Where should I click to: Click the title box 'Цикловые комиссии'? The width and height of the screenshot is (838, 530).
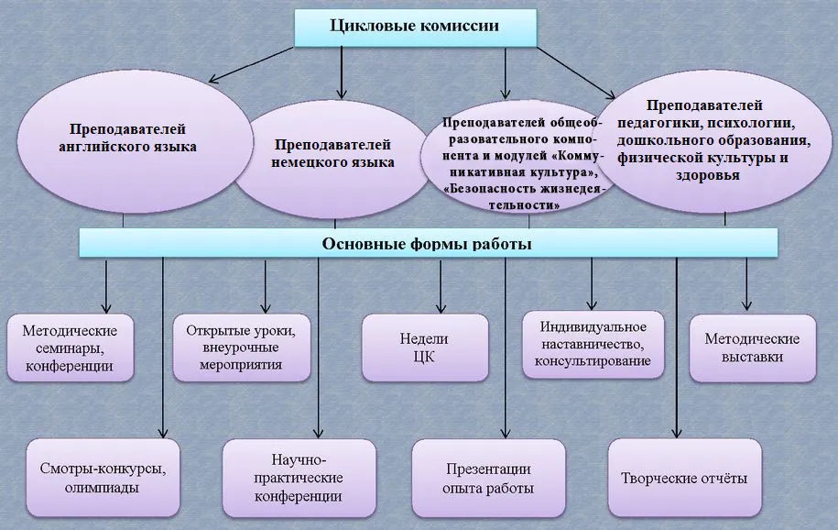415,28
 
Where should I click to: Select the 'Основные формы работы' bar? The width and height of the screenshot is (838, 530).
428,243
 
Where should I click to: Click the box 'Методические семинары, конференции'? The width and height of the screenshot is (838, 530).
70,348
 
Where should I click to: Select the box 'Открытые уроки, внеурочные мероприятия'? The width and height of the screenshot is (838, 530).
242,348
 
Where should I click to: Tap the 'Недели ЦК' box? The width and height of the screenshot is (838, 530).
425,348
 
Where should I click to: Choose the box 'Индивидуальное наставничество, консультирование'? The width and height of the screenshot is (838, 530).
593,344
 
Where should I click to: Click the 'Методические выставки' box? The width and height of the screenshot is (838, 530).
753,348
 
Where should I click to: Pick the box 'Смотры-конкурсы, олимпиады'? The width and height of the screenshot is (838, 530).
103,478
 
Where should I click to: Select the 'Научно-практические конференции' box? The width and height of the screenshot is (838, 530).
299,478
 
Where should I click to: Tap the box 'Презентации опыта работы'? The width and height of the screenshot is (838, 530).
488,478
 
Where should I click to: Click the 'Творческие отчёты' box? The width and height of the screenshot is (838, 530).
685,478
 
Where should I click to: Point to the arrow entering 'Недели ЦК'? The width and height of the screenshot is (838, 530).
441,286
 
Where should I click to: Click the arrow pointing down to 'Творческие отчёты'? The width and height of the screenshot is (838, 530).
677,348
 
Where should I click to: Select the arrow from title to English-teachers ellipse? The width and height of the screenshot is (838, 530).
251,65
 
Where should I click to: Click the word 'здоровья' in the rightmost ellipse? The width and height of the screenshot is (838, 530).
707,175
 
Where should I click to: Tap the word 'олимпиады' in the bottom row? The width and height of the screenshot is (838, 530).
102,488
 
